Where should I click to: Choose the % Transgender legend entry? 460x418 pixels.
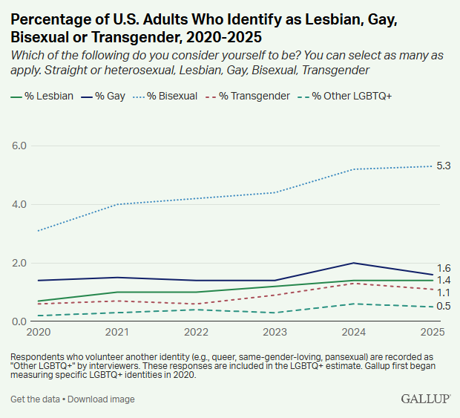pos(251,96)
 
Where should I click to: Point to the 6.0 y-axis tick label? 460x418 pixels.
pos(19,146)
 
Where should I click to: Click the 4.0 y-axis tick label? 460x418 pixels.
pos(19,204)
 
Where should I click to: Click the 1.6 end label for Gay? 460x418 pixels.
pos(444,268)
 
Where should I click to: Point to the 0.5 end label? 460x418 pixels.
pos(444,307)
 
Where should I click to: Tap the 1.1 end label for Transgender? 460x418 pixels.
pos(444,293)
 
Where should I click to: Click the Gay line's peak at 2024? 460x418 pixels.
pos(355,263)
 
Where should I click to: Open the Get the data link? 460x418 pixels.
pos(34,399)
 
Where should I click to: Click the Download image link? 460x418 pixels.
pos(101,399)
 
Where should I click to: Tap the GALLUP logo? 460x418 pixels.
pos(425,399)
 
